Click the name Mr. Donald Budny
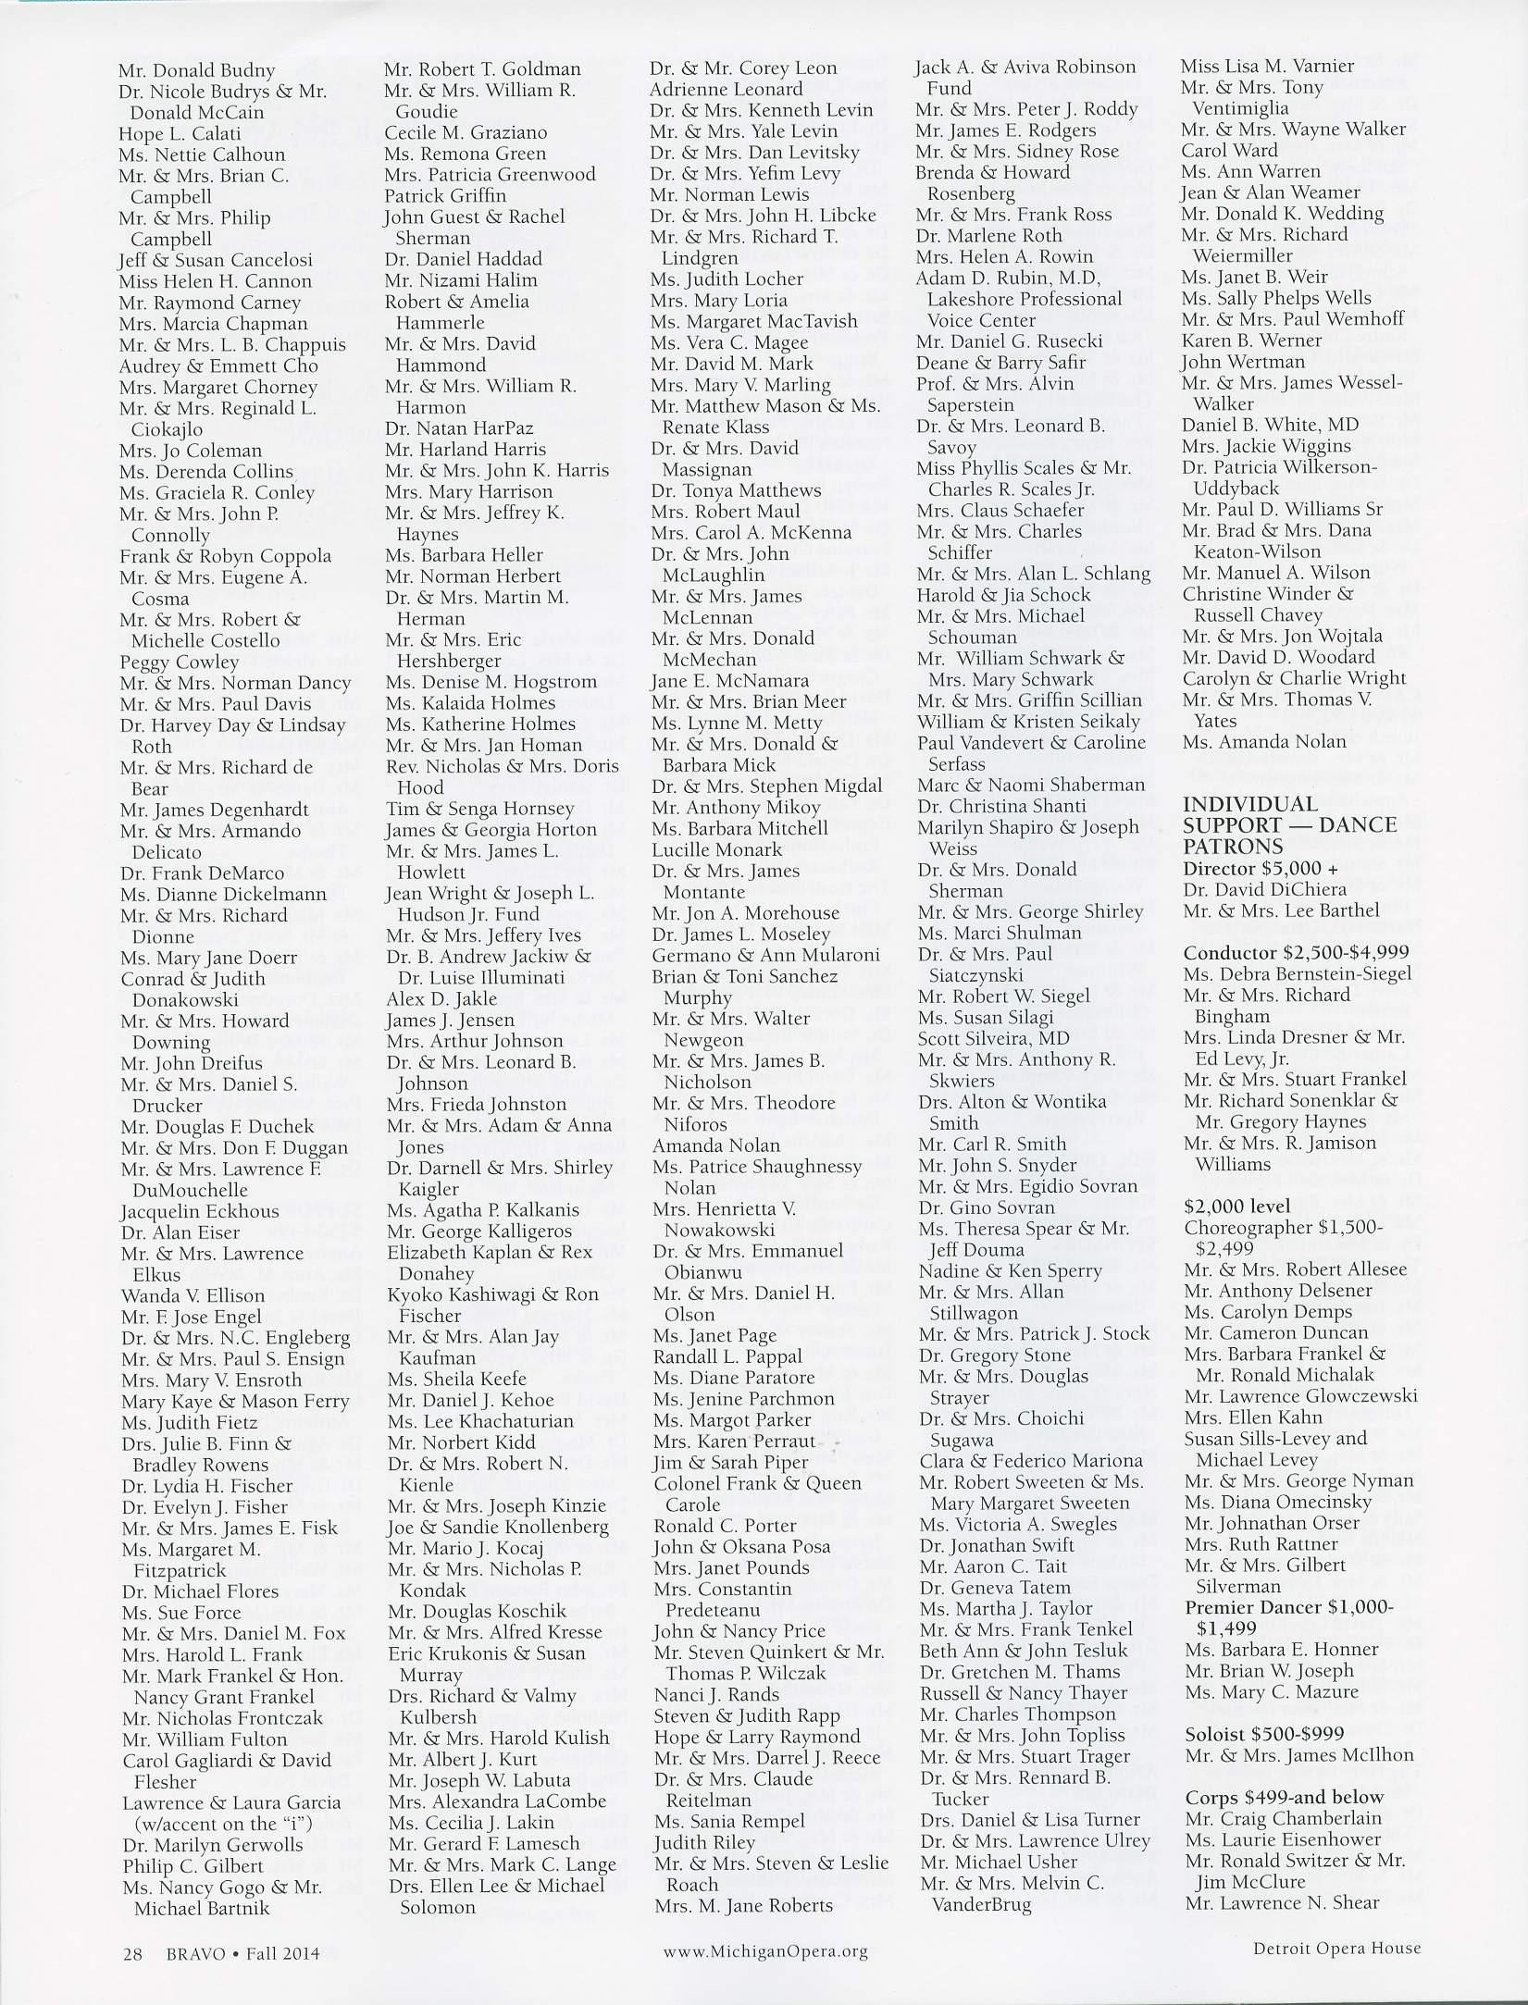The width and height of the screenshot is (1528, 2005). click(x=196, y=70)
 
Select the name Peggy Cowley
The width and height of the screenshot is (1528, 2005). click(x=180, y=662)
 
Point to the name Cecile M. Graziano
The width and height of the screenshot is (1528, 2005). click(x=466, y=132)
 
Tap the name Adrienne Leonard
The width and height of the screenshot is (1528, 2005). click(x=727, y=90)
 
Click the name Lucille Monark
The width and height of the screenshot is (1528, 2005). click(x=717, y=849)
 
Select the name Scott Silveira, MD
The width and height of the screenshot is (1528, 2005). click(x=994, y=1039)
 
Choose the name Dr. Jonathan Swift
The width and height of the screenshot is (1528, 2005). click(x=997, y=1545)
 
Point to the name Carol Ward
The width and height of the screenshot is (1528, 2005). click(x=1229, y=150)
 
